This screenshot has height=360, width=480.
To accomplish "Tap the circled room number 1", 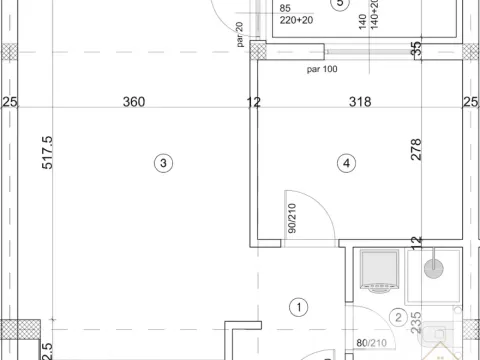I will [296, 306].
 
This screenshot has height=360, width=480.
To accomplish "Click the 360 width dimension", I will [134, 102].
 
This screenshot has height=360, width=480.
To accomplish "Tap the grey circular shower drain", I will [434, 267].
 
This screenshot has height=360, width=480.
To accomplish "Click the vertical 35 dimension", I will [416, 46].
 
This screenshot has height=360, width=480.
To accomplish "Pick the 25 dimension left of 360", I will [10, 102].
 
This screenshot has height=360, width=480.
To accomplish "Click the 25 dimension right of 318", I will [470, 102].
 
